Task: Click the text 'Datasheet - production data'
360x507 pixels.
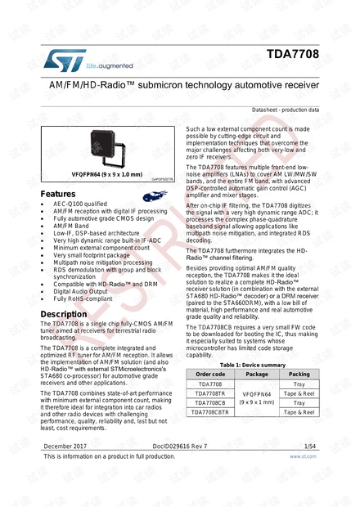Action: [x=286, y=110]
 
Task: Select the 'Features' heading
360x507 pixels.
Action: [x=58, y=194]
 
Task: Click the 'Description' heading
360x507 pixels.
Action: [x=64, y=314]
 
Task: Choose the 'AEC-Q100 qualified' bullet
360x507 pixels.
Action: [x=80, y=204]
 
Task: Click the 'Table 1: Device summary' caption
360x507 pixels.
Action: [x=253, y=365]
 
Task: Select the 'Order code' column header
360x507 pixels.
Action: [x=210, y=375]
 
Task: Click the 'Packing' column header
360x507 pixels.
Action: [x=299, y=375]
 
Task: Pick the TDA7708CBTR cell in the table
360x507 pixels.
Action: [x=210, y=412]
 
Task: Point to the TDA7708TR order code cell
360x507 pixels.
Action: [x=210, y=393]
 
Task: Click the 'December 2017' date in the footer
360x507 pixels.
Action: [x=66, y=446]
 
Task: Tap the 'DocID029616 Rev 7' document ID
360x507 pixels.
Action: [x=180, y=446]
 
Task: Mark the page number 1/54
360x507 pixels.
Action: [x=311, y=446]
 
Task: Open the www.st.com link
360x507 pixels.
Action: [x=304, y=457]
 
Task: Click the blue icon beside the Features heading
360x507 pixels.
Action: [x=154, y=195]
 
